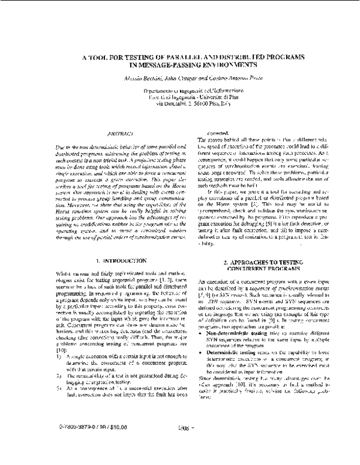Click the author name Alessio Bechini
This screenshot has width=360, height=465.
(x=137, y=78)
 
